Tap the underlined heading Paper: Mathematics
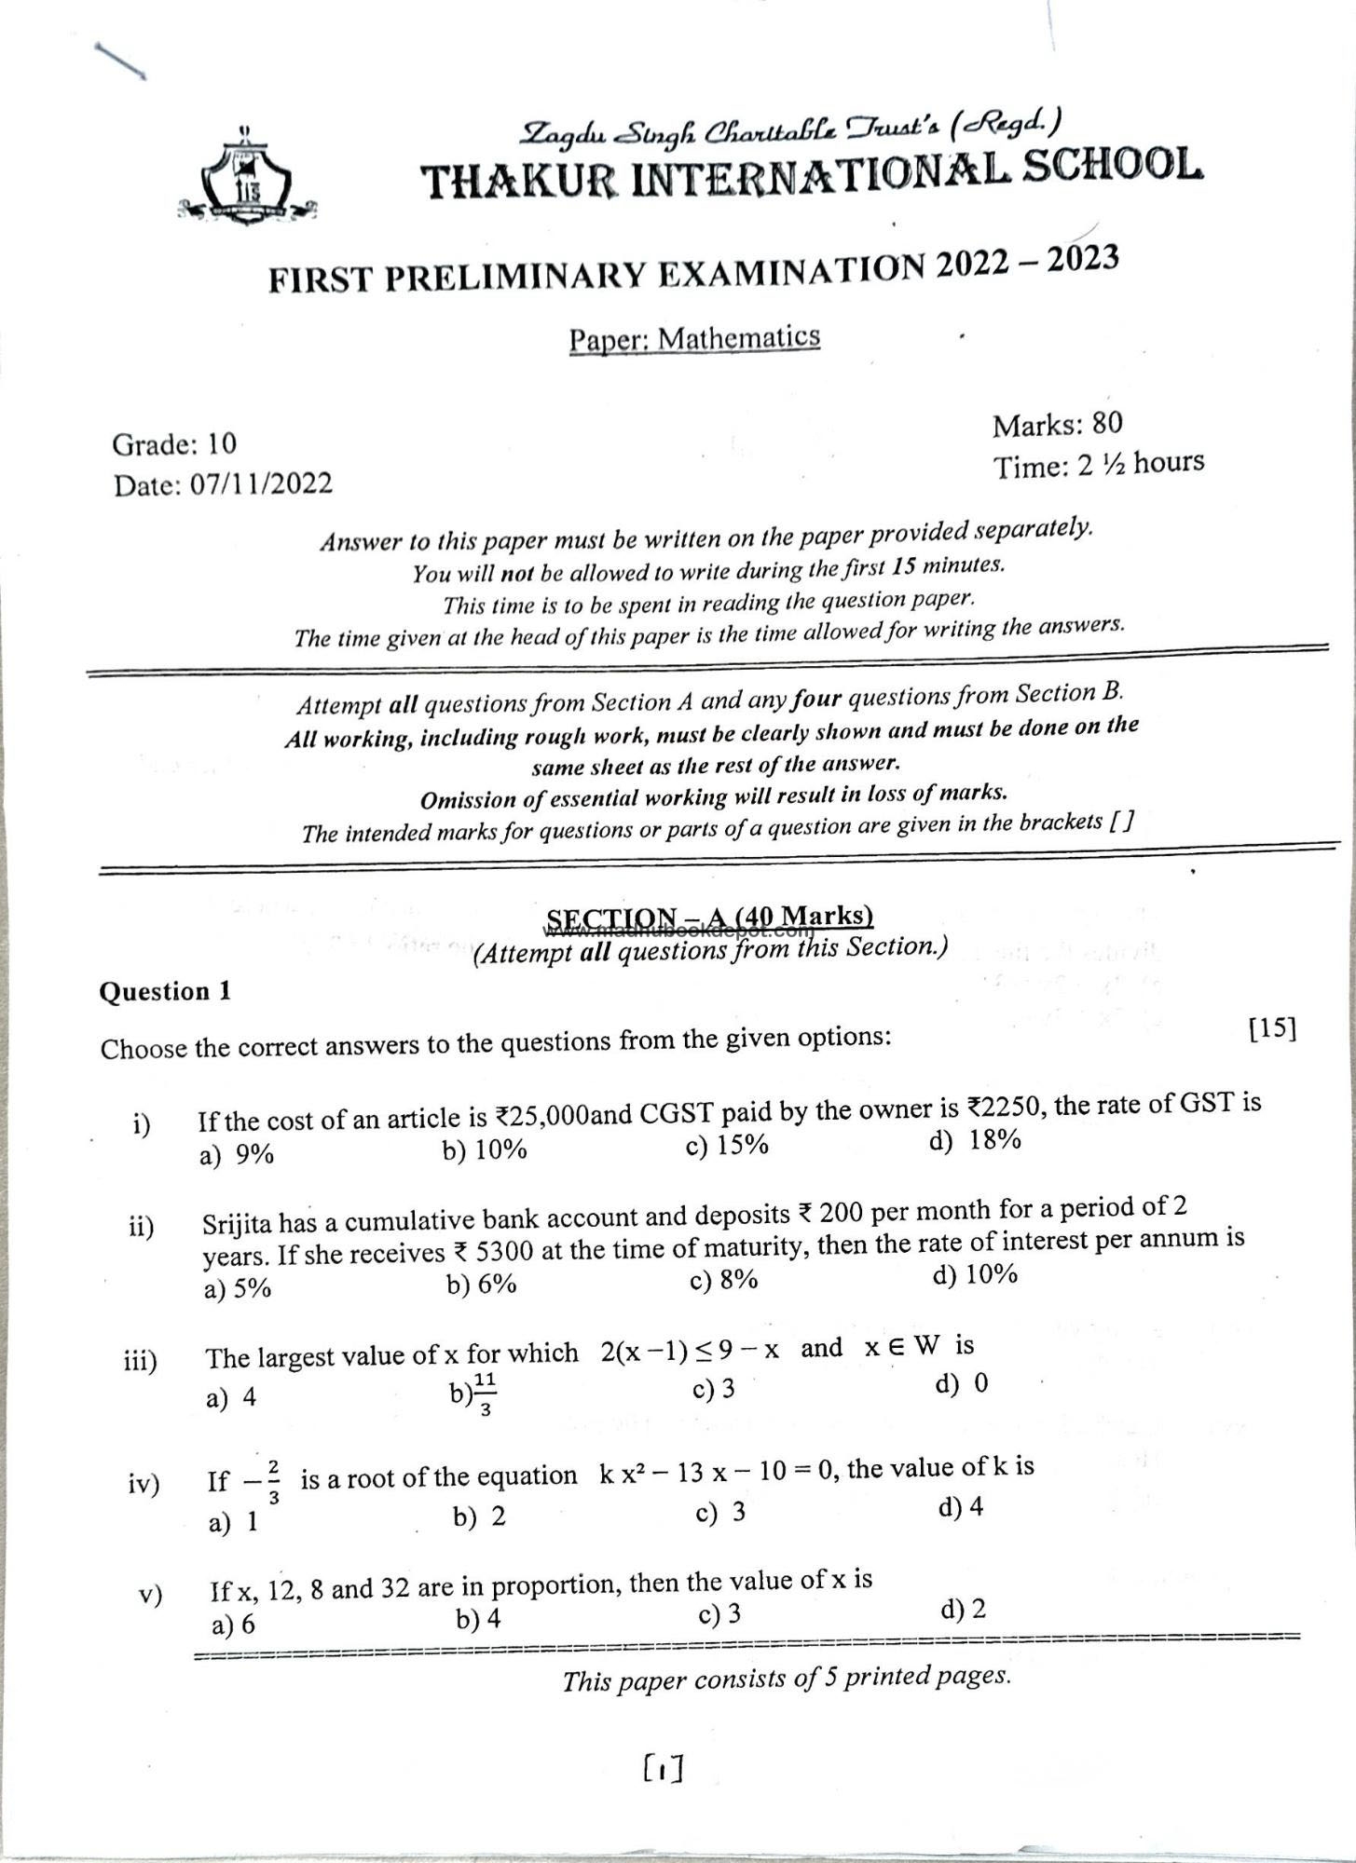tap(694, 339)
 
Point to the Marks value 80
tap(1106, 424)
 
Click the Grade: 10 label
tap(174, 443)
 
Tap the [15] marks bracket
tap(1272, 1028)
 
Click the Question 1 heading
tap(165, 991)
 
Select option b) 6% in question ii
tap(481, 1285)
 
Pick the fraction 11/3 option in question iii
tap(474, 1394)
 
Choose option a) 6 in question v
tap(233, 1625)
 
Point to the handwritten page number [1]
tap(663, 1767)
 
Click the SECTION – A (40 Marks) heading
tap(709, 918)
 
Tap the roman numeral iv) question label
tap(144, 1483)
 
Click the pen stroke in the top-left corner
tap(120, 61)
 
